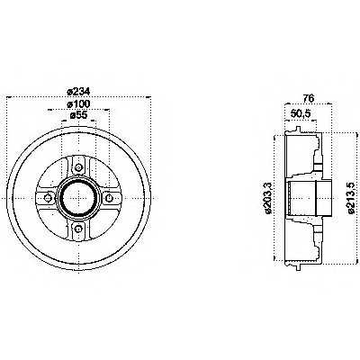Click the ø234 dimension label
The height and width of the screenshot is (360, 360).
(77, 90)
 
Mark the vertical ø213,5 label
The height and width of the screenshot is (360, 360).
(352, 199)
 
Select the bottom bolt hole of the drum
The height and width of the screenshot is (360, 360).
(77, 229)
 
